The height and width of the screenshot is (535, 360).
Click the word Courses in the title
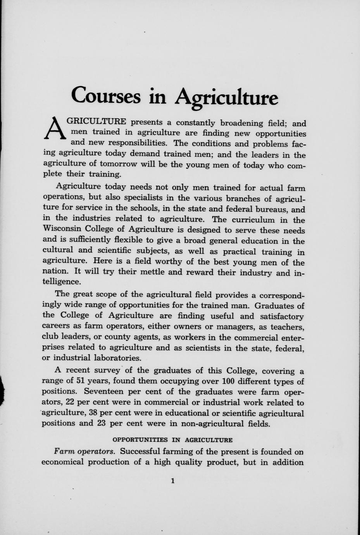(x=106, y=95)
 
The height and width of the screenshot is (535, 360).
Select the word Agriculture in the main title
(x=226, y=97)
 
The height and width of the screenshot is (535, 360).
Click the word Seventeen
(x=104, y=392)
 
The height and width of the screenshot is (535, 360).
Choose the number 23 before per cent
(x=102, y=423)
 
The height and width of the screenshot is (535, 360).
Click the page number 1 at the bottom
(x=172, y=481)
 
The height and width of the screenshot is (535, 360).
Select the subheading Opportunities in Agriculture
(x=172, y=440)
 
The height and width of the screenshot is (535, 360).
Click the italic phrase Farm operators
(x=84, y=451)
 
